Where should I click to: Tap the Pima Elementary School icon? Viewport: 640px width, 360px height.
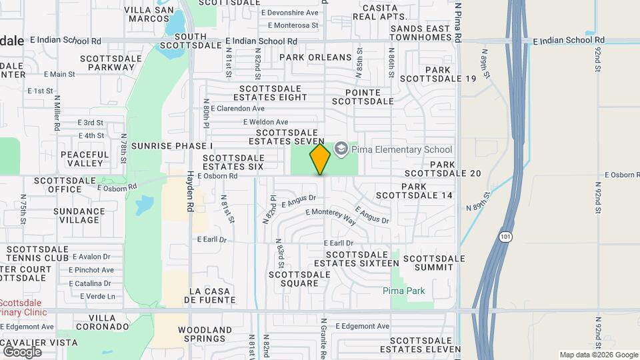pos(342,149)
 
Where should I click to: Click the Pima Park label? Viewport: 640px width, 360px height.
pos(404,291)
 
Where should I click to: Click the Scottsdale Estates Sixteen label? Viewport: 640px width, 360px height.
pos(362,259)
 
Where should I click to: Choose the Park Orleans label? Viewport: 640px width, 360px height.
pos(315,57)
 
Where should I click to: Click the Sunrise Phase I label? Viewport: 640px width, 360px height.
pos(172,145)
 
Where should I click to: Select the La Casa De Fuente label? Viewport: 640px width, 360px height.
pos(213,295)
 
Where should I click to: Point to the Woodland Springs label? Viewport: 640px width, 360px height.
pos(205,334)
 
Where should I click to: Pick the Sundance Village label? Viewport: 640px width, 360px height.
pos(79,215)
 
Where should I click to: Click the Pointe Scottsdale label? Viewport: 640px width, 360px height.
pos(363,97)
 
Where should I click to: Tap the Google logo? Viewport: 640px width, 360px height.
pos(22,352)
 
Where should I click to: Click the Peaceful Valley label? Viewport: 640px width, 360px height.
pos(85,159)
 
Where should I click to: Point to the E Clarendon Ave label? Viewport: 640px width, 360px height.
pos(235,108)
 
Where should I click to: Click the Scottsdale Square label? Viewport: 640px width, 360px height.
pos(294,279)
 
